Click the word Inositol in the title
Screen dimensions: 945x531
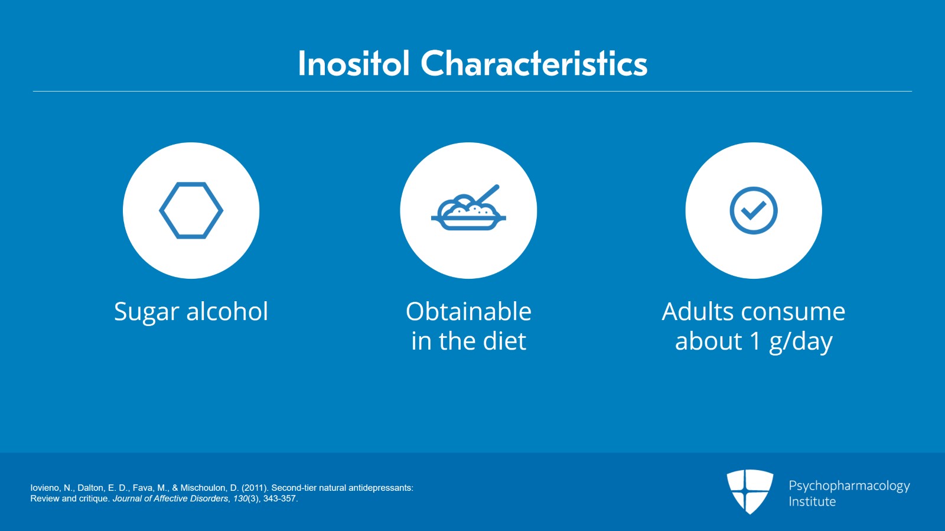tap(354, 63)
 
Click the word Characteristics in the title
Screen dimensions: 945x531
tap(534, 63)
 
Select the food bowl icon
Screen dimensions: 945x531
tap(468, 207)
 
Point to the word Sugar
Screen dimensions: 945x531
tap(146, 312)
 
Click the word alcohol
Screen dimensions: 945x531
tap(227, 311)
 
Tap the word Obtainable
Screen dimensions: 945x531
tap(468, 311)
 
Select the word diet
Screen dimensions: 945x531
tap(504, 341)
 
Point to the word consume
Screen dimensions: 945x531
tap(793, 313)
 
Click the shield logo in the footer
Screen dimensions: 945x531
tap(750, 491)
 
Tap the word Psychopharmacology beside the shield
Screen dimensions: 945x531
tap(849, 486)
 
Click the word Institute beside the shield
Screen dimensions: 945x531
tap(812, 501)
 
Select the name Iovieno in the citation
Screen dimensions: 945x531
tap(45, 488)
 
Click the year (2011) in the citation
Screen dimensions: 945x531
tap(255, 488)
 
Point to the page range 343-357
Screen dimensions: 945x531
tap(280, 499)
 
